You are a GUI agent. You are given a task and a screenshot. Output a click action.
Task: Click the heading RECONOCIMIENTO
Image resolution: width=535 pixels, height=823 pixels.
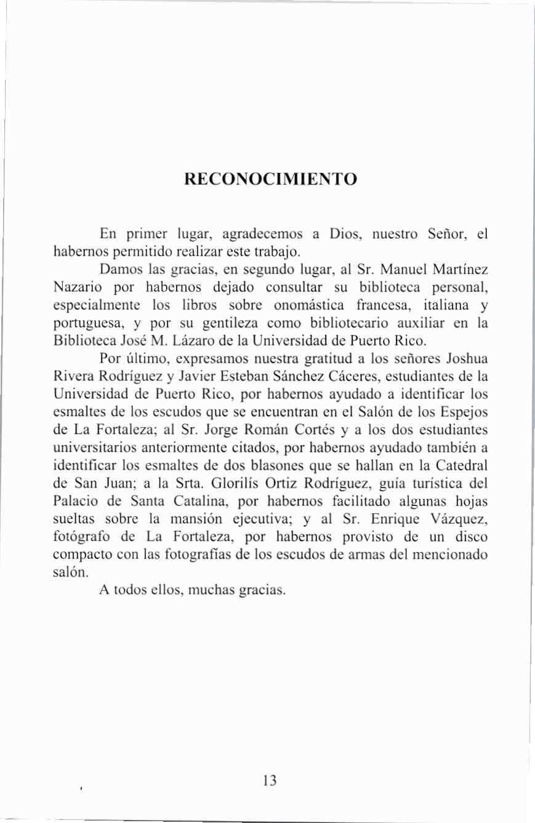[270, 180]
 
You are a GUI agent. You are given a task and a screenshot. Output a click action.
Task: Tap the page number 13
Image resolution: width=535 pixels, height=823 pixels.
[269, 781]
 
